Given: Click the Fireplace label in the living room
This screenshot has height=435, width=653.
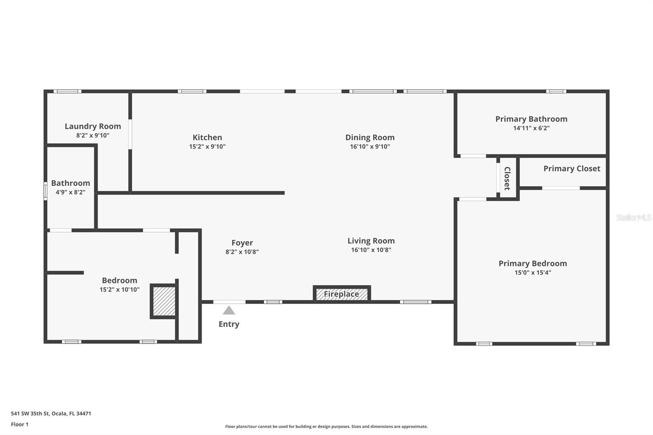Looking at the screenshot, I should pyautogui.click(x=341, y=294).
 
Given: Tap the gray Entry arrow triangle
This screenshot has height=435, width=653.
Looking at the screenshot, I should pyautogui.click(x=229, y=311).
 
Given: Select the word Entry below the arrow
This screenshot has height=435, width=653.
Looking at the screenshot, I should pyautogui.click(x=229, y=324).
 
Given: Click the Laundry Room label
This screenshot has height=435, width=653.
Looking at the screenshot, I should pyautogui.click(x=93, y=127).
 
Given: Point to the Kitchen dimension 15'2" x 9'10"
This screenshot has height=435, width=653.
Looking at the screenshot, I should pyautogui.click(x=207, y=146).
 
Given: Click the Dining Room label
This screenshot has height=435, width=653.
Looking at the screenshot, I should pyautogui.click(x=370, y=138).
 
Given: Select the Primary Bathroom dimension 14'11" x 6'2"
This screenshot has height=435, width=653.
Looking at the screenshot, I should pyautogui.click(x=531, y=128).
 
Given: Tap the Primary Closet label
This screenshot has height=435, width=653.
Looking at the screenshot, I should pyautogui.click(x=571, y=169).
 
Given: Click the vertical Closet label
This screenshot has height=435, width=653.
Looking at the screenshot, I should pyautogui.click(x=507, y=178).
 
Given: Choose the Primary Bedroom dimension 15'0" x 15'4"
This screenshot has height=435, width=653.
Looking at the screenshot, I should pyautogui.click(x=533, y=273).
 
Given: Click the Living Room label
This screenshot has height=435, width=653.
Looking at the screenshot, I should pyautogui.click(x=371, y=241).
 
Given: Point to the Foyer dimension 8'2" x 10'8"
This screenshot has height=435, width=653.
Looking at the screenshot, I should pyautogui.click(x=242, y=252).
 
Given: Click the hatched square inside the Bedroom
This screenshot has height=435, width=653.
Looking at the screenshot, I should pyautogui.click(x=164, y=301).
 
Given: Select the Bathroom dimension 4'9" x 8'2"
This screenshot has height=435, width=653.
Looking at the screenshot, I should pyautogui.click(x=71, y=192).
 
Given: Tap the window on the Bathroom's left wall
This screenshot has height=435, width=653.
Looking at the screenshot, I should pyautogui.click(x=46, y=191).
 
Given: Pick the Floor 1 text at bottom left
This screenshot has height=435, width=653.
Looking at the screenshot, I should pyautogui.click(x=20, y=424).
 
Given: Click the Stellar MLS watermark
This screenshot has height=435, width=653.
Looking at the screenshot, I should pyautogui.click(x=633, y=217).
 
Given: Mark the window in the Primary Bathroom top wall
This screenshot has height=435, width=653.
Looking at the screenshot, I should pyautogui.click(x=556, y=91).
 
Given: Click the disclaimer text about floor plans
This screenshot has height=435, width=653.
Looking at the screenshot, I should pyautogui.click(x=326, y=426).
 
